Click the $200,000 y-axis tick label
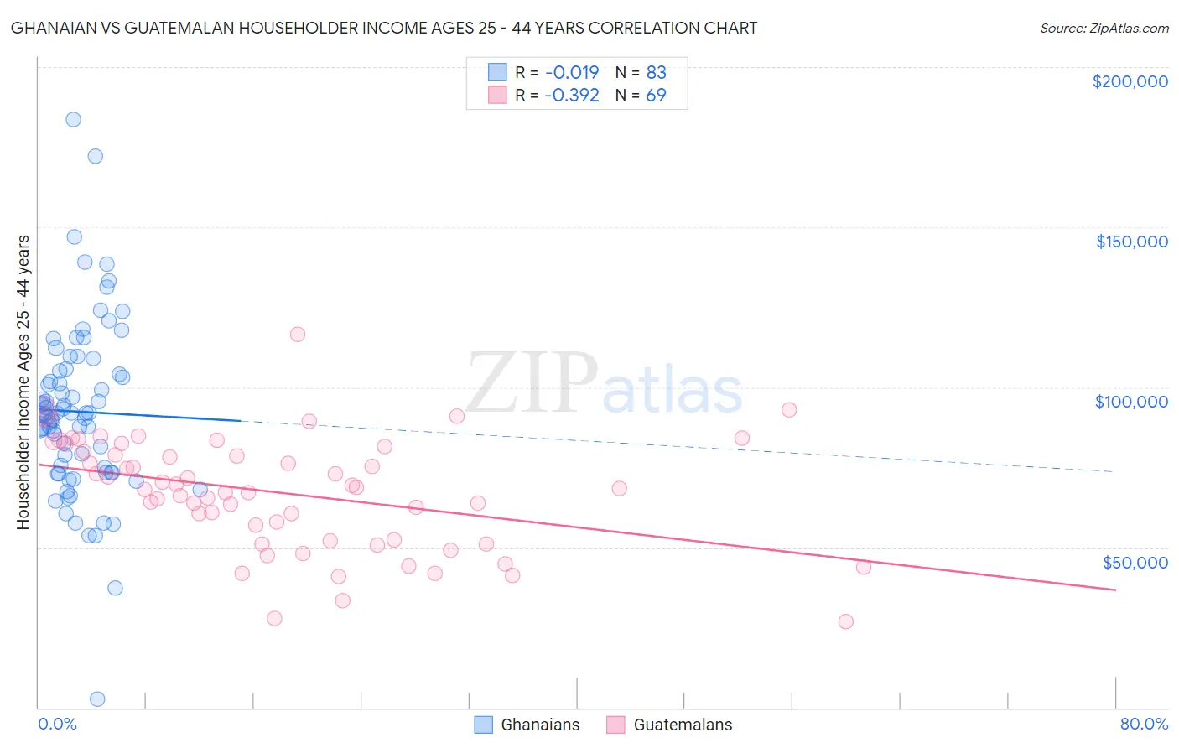[1130, 81]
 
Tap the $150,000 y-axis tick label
[1131, 242]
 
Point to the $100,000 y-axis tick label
[1131, 402]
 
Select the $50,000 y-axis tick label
[1135, 562]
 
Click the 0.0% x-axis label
[57, 724]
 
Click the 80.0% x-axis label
[1144, 724]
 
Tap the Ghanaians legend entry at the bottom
[527, 725]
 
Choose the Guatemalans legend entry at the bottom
[669, 725]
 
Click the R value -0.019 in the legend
[571, 73]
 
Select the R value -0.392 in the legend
[571, 96]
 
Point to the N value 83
[656, 73]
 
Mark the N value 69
[656, 96]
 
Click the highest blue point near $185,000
[73, 120]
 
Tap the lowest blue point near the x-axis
[97, 699]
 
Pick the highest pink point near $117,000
[297, 335]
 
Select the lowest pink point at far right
[845, 621]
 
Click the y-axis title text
[23, 382]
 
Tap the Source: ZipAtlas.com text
[1104, 29]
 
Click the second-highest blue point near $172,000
[96, 156]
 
